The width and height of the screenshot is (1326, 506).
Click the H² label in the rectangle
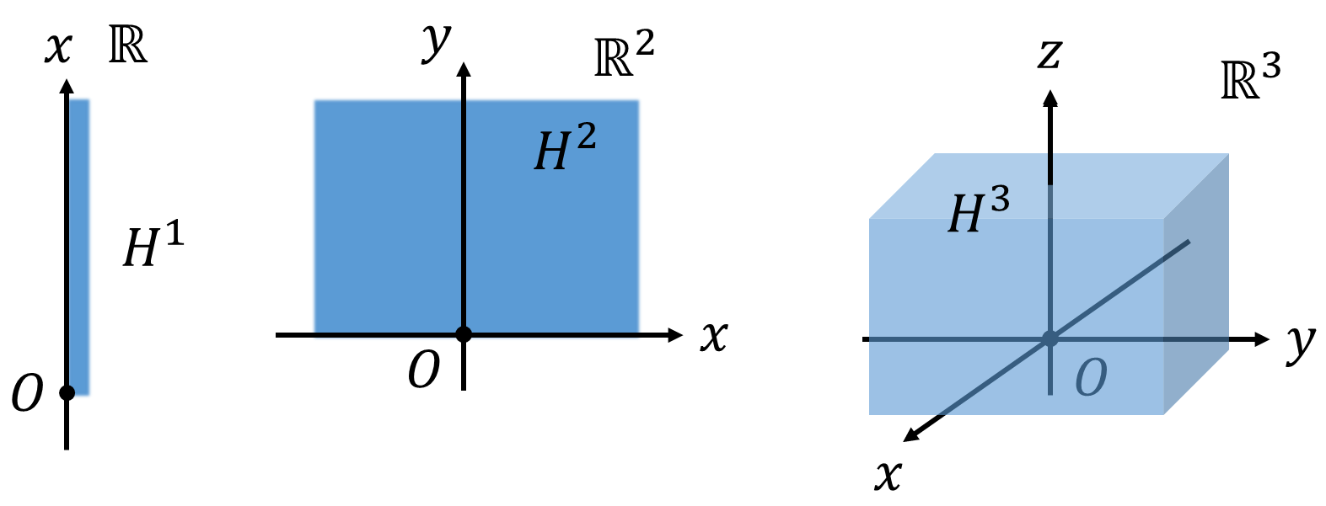565,149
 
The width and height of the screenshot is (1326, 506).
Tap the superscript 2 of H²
586,136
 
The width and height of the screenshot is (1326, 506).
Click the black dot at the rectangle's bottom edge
464,334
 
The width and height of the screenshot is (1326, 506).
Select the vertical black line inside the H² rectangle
464,210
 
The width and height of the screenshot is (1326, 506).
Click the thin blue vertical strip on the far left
81,244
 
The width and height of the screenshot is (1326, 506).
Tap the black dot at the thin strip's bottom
68,392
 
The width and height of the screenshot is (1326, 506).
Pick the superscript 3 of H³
999,200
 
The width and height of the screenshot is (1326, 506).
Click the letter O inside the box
1090,378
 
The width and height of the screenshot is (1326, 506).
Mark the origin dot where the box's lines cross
1050,338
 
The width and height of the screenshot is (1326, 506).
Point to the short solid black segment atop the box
1050,168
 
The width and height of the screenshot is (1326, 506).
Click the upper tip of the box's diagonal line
1187,242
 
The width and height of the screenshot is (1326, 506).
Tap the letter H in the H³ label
966,215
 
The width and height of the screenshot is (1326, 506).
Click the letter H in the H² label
552,153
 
